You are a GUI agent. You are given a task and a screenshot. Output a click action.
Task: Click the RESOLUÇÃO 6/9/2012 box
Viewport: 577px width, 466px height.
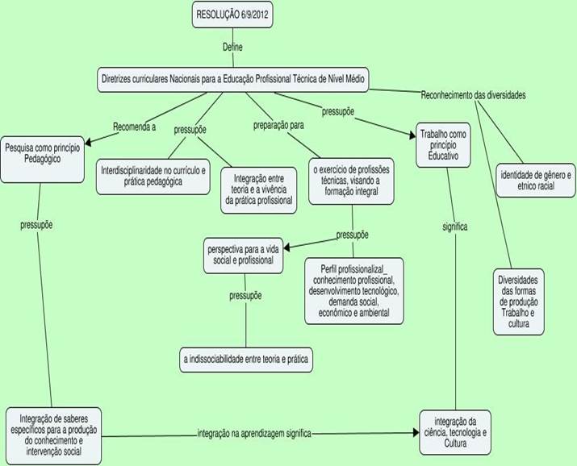coord(232,15)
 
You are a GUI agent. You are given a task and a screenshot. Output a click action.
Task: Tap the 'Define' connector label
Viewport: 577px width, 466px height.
coord(232,47)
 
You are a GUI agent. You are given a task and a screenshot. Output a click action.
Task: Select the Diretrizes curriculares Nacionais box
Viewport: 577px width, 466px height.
coord(233,79)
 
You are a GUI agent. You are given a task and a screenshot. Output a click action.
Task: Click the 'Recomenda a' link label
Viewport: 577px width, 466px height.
coord(134,127)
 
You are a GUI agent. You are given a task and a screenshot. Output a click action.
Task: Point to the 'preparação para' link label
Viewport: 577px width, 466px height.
coord(278,125)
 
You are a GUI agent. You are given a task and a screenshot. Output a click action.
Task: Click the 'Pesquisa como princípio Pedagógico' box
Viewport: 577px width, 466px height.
coord(42,159)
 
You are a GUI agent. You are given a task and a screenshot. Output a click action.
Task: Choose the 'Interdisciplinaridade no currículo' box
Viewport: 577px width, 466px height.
coord(153,177)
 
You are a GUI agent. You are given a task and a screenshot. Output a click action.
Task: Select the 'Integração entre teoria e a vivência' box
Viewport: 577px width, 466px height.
coord(259,190)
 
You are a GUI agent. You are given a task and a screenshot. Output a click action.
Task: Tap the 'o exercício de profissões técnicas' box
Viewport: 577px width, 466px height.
coord(351,181)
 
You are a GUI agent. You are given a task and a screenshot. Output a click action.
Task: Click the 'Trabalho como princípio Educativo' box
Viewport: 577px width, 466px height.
coord(443,145)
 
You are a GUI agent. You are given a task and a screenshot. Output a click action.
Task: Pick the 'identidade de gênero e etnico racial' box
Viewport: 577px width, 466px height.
coord(536,181)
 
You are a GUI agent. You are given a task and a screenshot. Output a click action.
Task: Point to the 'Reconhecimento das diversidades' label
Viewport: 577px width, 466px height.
coord(473,95)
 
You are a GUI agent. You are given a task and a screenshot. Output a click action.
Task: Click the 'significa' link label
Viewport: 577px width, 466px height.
coord(455,227)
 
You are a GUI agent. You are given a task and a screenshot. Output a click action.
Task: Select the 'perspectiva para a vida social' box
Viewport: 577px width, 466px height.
coord(243,256)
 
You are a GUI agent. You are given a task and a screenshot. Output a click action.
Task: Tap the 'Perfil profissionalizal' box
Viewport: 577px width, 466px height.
coord(354,291)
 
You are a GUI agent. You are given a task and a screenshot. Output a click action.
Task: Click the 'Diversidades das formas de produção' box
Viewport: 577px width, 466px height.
coord(518,302)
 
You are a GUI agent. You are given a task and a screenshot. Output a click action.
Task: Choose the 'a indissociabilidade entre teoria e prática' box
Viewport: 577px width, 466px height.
coord(246,360)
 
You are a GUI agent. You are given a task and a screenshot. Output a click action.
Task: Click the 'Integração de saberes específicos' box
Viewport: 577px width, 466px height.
coord(54,436)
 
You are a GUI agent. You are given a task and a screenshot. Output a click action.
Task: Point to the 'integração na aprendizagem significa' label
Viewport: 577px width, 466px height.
coord(254,434)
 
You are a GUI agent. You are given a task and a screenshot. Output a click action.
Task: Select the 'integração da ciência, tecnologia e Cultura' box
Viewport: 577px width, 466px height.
coord(455,433)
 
